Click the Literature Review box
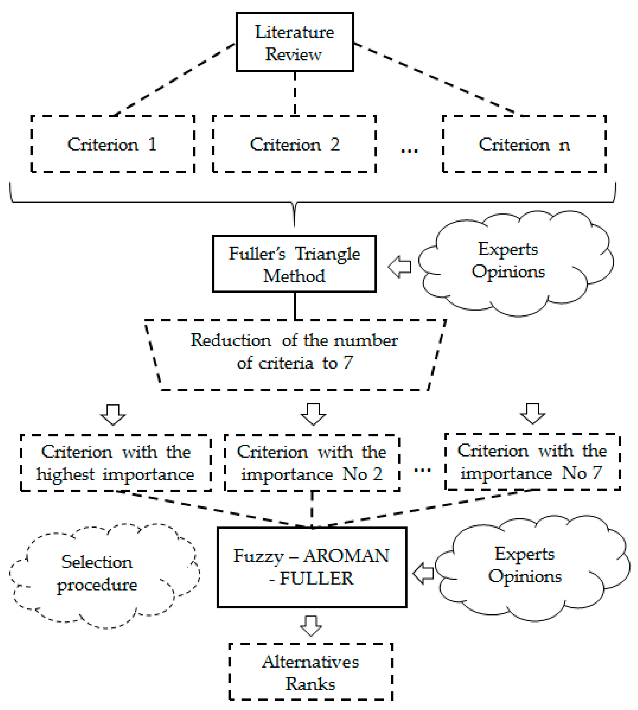(x=295, y=42)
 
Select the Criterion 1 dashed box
(x=112, y=144)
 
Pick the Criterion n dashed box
(x=524, y=144)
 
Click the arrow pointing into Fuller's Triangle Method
(x=400, y=267)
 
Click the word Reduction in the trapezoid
(x=231, y=340)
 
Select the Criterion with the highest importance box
(x=116, y=463)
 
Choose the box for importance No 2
(x=312, y=463)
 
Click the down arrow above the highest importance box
(x=113, y=415)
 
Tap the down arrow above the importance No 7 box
(x=532, y=414)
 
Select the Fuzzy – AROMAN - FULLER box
(x=312, y=567)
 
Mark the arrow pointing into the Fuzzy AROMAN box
(x=423, y=573)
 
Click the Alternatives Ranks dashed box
(x=310, y=672)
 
